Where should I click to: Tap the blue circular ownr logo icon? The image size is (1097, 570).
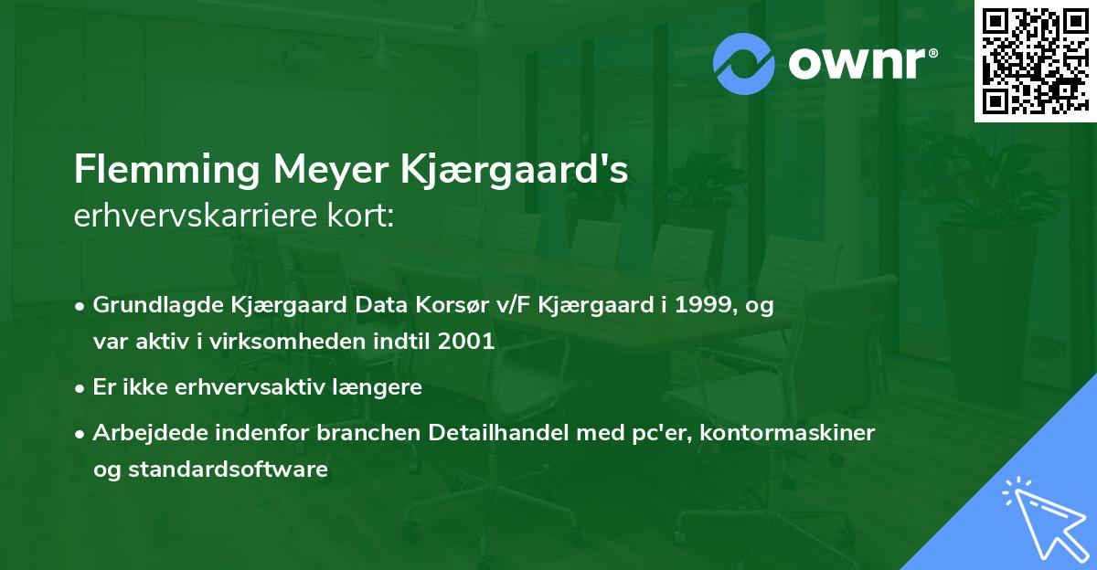coord(745,63)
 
